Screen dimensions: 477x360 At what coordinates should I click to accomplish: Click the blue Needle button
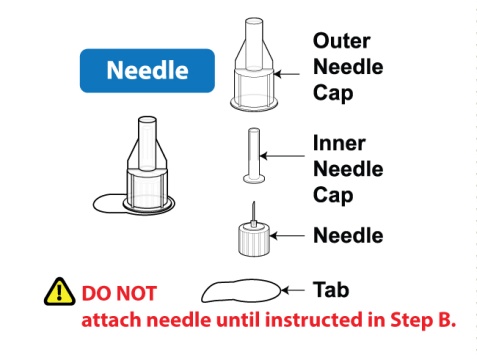click(147, 71)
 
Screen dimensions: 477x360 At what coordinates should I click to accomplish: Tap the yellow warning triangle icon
click(59, 292)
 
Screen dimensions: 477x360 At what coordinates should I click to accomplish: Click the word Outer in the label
click(342, 41)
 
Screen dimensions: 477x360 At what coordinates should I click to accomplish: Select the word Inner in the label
click(339, 143)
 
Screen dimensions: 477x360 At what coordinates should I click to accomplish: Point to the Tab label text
click(331, 289)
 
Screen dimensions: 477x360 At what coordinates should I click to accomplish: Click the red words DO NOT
click(119, 293)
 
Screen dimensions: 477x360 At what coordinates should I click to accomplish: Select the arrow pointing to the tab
click(293, 290)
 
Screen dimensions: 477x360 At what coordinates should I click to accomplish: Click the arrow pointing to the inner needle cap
click(282, 156)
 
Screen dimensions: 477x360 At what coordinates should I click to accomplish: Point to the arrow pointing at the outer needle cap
click(287, 74)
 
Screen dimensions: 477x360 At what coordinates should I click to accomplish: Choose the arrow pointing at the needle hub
click(287, 236)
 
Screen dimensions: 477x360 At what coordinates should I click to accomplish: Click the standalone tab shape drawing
click(241, 291)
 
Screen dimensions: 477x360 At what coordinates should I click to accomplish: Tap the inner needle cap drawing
click(254, 156)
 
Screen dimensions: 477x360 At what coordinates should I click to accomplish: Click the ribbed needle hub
click(254, 240)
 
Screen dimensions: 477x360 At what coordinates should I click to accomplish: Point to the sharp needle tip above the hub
click(253, 202)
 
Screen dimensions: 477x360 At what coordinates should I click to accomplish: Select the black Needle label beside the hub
click(348, 235)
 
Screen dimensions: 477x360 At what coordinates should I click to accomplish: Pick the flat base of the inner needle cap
click(254, 179)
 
